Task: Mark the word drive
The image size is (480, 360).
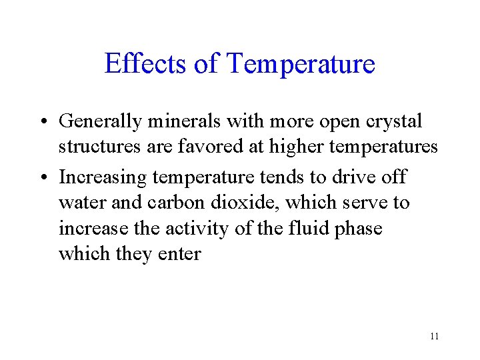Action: [x=339, y=177]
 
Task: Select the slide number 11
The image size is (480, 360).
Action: [x=434, y=336]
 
